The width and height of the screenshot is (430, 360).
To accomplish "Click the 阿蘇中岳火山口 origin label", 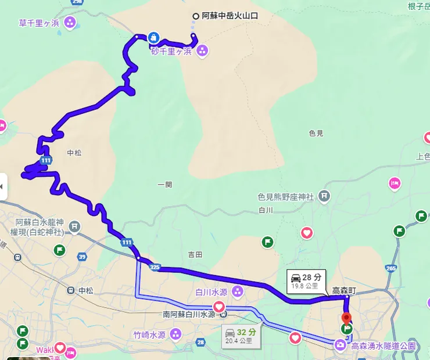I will [x=230, y=16].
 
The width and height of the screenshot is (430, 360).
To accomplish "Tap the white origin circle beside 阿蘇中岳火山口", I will [x=196, y=16].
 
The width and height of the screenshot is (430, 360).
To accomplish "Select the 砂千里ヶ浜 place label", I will [x=171, y=51].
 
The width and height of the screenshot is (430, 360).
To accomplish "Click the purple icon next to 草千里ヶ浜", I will [x=70, y=23].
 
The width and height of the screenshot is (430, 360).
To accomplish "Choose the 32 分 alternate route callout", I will [x=240, y=336].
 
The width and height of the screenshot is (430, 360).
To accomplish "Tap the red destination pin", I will [x=347, y=319].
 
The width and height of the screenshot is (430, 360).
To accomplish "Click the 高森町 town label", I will [x=343, y=290].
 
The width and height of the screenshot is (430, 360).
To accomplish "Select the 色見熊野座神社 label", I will [x=286, y=197].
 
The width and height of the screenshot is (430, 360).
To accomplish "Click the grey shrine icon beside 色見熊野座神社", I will [x=324, y=197].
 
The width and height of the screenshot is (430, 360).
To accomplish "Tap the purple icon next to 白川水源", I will [x=238, y=290].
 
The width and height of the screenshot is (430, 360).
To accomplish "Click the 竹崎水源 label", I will [x=149, y=334].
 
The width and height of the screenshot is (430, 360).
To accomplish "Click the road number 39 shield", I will [x=82, y=256].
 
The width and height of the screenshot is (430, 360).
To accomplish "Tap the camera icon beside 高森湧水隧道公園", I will [x=340, y=345].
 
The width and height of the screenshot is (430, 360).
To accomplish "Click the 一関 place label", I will [x=164, y=185].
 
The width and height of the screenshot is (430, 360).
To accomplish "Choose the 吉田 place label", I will [x=195, y=254].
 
